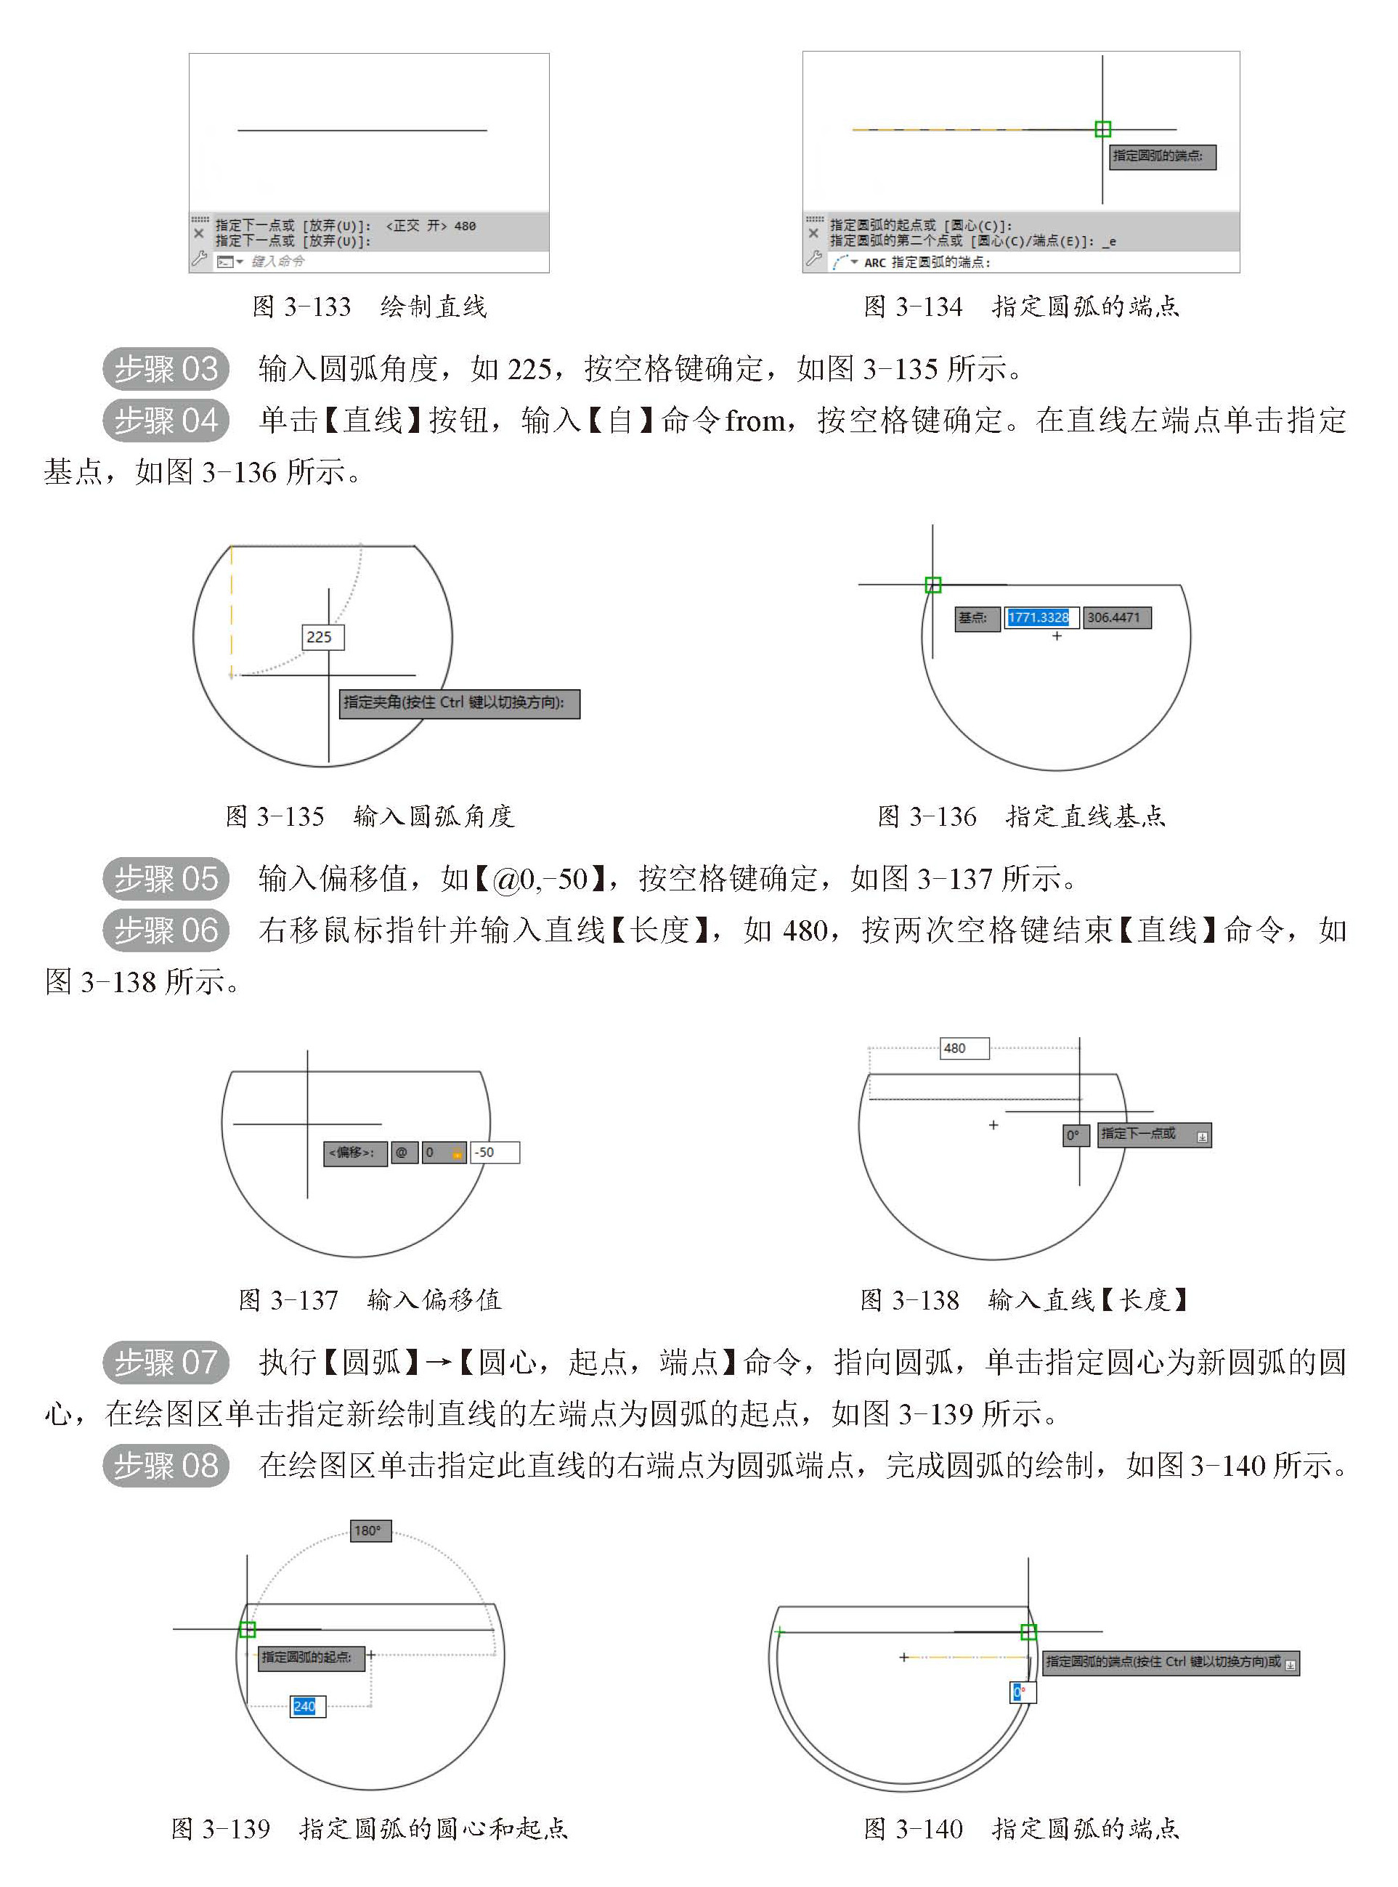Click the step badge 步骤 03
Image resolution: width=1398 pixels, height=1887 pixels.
[x=166, y=369]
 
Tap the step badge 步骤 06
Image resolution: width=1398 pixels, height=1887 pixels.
[x=166, y=930]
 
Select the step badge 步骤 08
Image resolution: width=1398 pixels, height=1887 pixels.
[x=166, y=1465]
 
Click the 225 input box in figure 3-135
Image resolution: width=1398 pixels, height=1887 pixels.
[x=322, y=637]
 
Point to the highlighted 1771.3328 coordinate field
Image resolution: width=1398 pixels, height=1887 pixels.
[x=1040, y=617]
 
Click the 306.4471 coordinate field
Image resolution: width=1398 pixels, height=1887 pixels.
[x=1115, y=617]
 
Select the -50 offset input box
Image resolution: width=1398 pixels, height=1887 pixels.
[x=495, y=1153]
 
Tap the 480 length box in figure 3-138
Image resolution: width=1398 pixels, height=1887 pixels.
[x=964, y=1048]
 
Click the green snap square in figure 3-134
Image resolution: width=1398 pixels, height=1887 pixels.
[x=1102, y=129]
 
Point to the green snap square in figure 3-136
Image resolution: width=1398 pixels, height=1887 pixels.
[x=932, y=585]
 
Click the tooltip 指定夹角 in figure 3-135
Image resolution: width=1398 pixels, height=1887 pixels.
[x=459, y=703]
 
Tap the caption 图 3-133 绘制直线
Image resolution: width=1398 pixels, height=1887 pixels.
[x=369, y=307]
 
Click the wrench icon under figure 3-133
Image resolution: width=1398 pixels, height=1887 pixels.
[x=199, y=260]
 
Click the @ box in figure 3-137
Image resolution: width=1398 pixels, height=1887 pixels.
[x=403, y=1153]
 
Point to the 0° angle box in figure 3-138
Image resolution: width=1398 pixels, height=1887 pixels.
[x=1074, y=1135]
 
